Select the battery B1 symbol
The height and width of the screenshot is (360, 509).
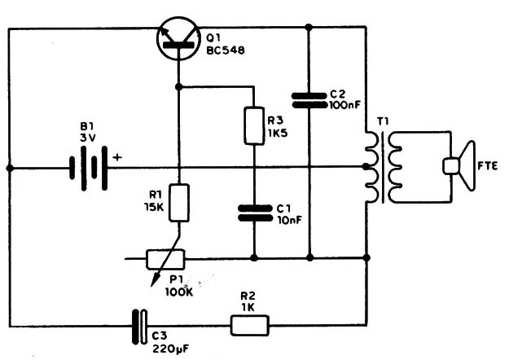tap(89, 168)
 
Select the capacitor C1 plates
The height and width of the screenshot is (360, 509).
tap(253, 213)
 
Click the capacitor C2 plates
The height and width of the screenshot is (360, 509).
tap(309, 99)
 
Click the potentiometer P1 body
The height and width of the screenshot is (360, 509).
tap(166, 260)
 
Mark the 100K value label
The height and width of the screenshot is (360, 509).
tap(181, 291)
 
